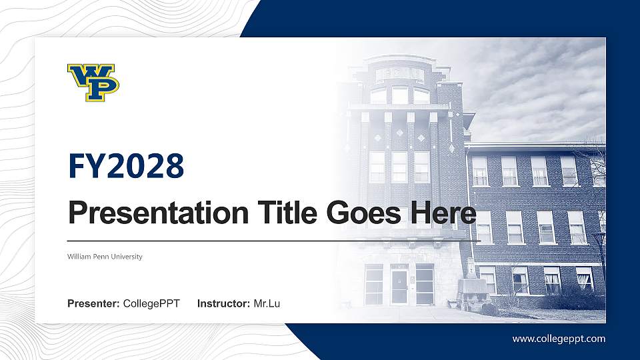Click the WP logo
[x=93, y=82]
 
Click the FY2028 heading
[x=125, y=165]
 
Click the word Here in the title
[x=443, y=213]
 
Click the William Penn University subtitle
[x=105, y=257]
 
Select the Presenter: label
[x=93, y=304]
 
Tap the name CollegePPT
[x=151, y=304]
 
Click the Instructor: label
[x=224, y=304]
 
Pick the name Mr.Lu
[x=267, y=304]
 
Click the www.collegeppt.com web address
[x=559, y=339]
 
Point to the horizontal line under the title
[x=273, y=240]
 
